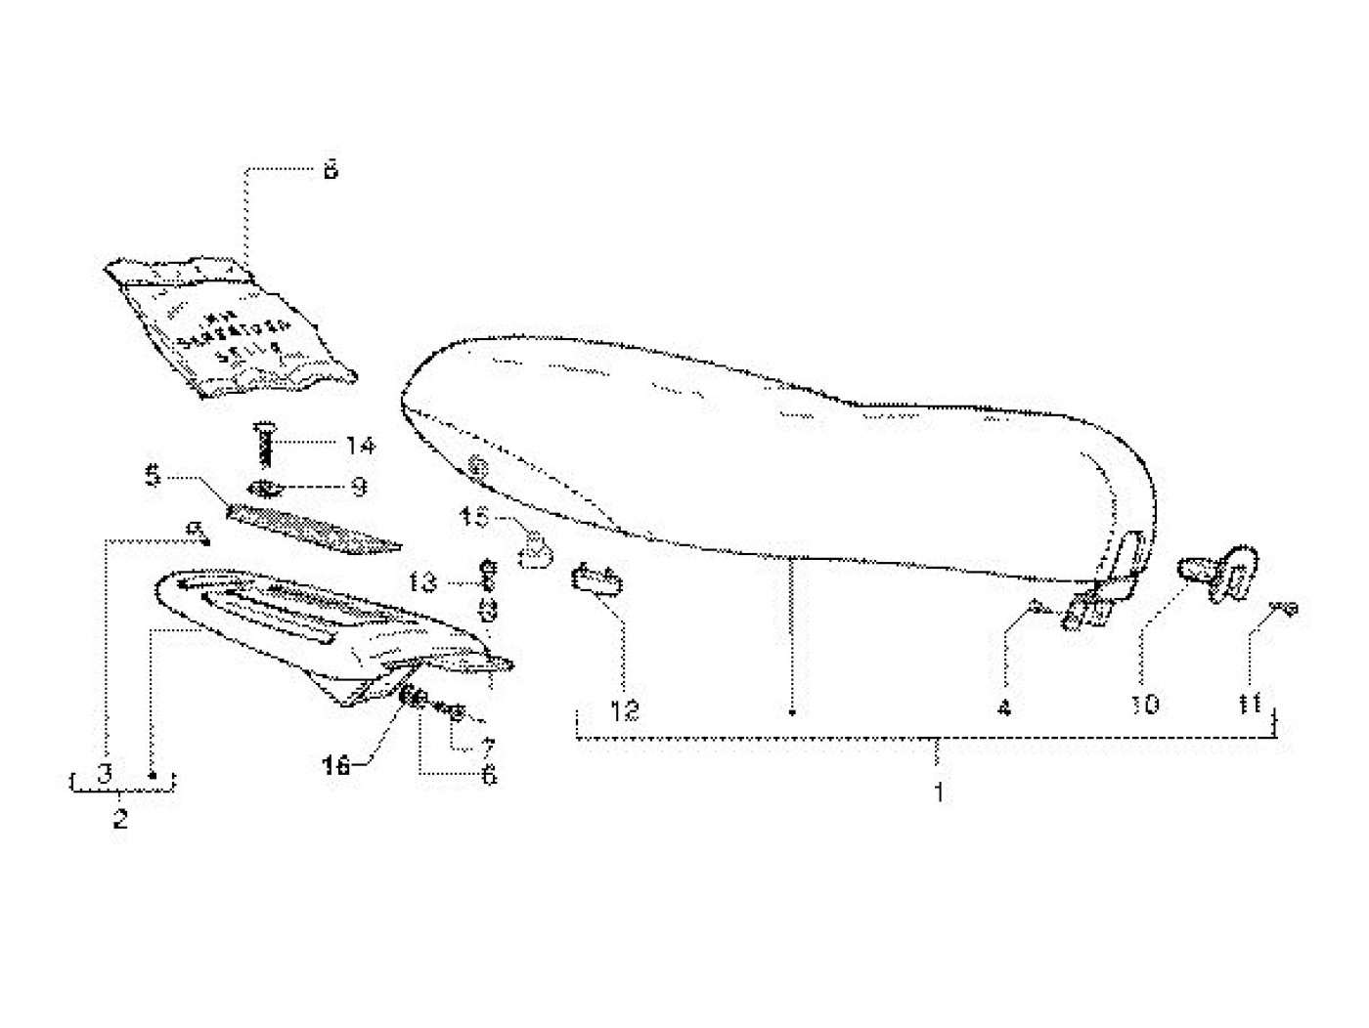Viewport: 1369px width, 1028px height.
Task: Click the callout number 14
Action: [360, 447]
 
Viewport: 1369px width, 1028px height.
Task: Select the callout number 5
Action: [152, 478]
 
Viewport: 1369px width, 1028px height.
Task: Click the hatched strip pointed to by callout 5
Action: [313, 528]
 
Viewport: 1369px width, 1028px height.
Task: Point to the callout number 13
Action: [422, 583]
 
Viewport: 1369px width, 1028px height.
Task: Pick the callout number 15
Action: [474, 518]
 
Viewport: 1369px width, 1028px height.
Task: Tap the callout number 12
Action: [626, 710]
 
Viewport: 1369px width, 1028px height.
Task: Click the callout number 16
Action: [336, 767]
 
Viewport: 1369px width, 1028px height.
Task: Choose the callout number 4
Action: [1004, 707]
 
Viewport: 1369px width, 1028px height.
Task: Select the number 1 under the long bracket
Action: [939, 792]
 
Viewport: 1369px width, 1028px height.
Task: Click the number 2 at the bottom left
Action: [120, 819]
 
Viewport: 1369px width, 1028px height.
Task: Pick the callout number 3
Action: [105, 772]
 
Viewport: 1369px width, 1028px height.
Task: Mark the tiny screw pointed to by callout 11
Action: [1284, 610]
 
